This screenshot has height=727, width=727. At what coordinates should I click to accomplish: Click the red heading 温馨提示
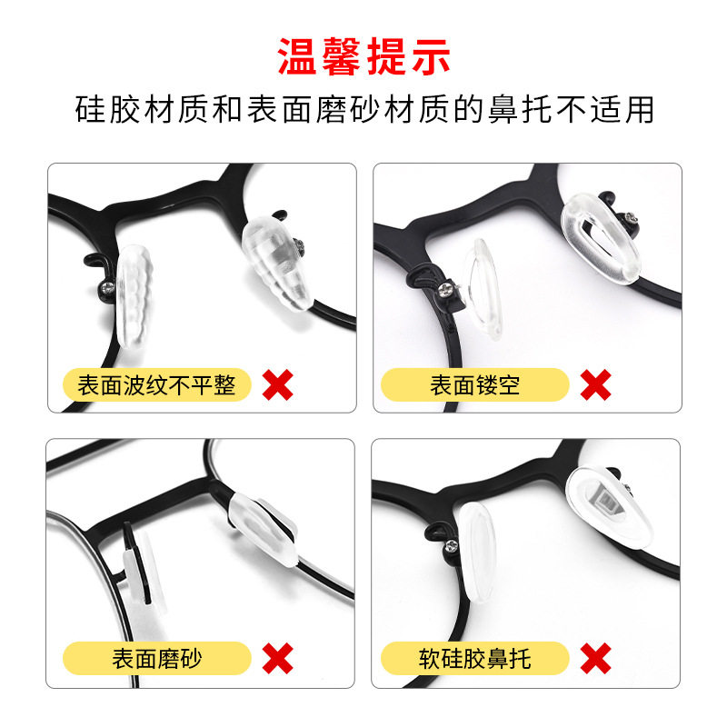coord(363,56)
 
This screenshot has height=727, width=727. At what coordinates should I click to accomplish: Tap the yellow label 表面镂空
coord(475,385)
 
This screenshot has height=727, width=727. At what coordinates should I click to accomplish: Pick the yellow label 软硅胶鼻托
coord(475,657)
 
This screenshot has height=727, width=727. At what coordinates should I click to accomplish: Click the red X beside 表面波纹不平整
coord(277,385)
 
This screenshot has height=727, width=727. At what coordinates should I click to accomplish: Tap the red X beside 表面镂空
coord(595,385)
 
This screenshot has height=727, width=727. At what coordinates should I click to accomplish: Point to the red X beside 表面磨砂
coord(277,657)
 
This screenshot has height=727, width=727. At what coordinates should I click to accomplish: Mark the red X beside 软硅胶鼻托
coord(595,657)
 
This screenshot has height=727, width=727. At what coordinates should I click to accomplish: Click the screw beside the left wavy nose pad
coord(105,291)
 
